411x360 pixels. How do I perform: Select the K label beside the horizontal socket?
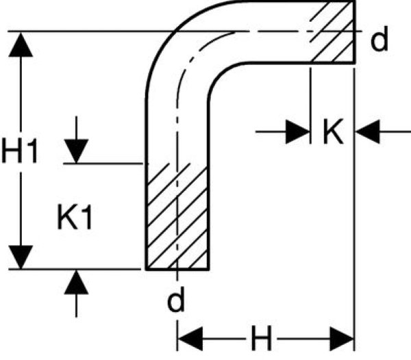point(332,131)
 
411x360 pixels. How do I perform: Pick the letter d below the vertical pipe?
point(176,302)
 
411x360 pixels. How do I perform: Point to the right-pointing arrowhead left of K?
point(297,131)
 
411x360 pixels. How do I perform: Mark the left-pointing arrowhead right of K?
point(369,131)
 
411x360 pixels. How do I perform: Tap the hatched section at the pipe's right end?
point(332,33)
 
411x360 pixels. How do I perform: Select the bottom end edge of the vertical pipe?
point(177,269)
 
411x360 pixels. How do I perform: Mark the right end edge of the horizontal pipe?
point(354,33)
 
